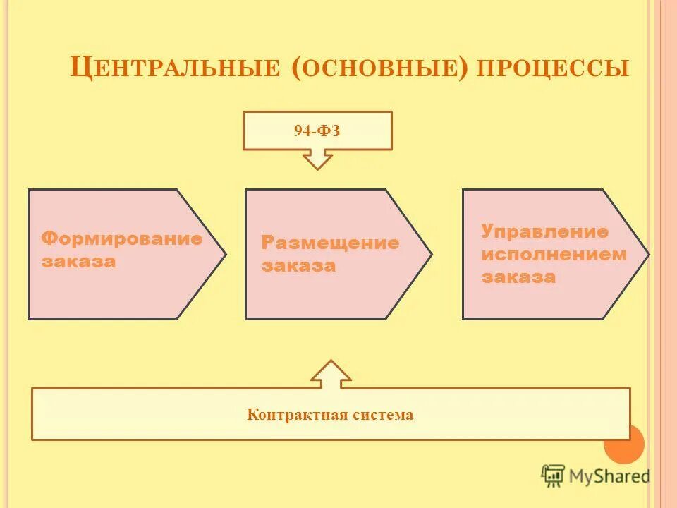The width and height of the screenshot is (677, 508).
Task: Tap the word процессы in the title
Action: [553, 68]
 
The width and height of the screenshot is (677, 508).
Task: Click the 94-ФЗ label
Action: [317, 131]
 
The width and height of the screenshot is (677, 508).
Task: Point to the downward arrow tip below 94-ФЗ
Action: [317, 167]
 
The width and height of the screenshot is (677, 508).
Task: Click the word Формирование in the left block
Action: [121, 238]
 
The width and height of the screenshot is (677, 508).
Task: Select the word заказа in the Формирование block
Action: [78, 262]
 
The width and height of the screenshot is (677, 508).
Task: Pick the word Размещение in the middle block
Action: [330, 243]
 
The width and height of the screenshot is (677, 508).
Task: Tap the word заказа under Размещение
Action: [298, 267]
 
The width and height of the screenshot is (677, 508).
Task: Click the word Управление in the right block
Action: [544, 231]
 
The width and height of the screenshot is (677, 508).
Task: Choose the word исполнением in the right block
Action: [554, 254]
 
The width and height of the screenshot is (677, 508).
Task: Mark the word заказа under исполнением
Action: [519, 277]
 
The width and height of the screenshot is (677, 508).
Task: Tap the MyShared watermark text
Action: [610, 476]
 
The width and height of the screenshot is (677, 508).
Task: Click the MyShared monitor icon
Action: [554, 475]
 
